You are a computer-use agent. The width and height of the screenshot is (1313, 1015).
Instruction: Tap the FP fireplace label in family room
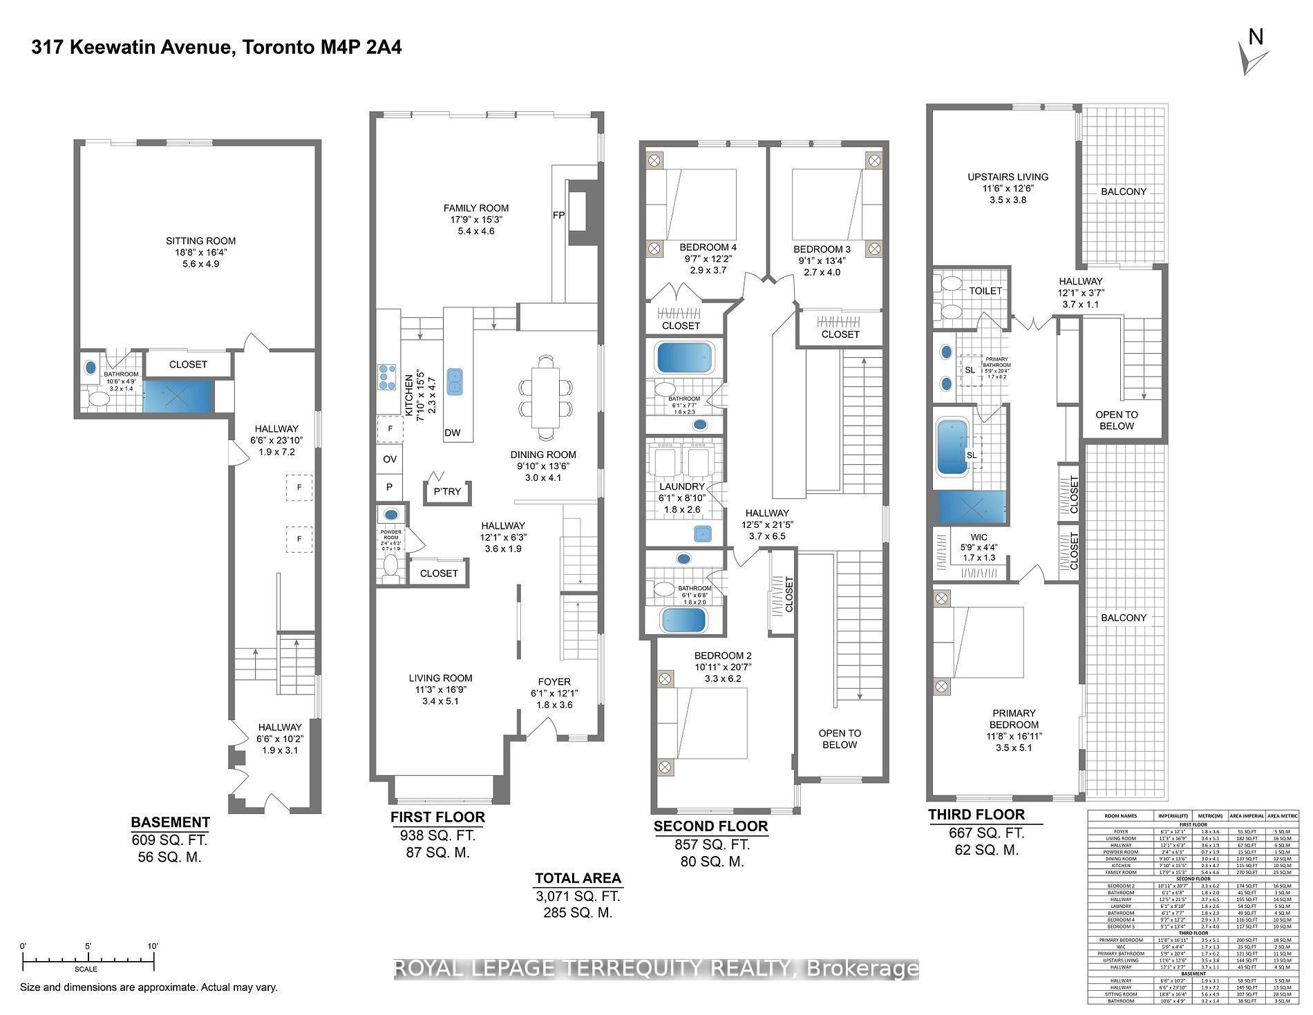tap(558, 216)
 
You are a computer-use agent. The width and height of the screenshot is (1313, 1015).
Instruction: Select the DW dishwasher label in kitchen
tap(452, 433)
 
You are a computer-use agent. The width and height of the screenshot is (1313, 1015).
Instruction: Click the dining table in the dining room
tap(545, 397)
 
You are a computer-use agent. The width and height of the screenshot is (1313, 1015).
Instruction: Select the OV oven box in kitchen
tap(390, 459)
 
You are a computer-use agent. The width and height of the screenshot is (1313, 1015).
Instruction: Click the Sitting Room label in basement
tap(200, 241)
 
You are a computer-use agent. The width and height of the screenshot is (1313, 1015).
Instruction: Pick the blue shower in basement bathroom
tap(177, 397)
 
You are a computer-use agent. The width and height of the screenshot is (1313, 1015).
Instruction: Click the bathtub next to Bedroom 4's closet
tap(684, 358)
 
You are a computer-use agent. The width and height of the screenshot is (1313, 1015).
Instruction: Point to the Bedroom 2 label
tap(722, 656)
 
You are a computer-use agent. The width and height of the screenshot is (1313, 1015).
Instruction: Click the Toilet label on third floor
tap(985, 291)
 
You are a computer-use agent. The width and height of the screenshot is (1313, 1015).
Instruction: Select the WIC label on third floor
tap(979, 537)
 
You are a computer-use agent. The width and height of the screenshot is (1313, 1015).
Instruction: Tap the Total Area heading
tap(578, 878)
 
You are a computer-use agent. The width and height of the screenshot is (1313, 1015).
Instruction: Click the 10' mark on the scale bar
tap(153, 947)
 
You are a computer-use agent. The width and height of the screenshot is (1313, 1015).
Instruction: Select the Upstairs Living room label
tap(1008, 177)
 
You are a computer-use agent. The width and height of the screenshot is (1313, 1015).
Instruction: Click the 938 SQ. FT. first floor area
tap(437, 835)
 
